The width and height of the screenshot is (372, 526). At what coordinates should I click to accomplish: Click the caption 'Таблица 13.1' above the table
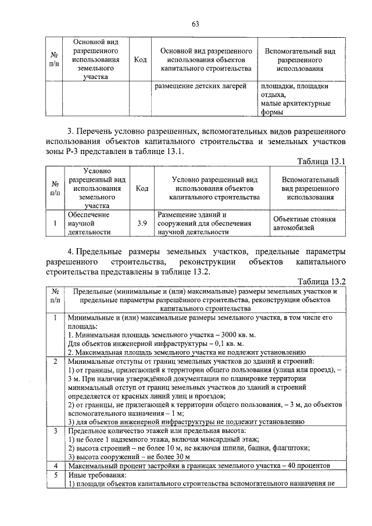pyautogui.click(x=321, y=161)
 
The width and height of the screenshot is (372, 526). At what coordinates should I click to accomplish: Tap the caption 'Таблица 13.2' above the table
pyautogui.click(x=321, y=281)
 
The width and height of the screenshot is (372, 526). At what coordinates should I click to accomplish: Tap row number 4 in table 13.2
pyautogui.click(x=54, y=466)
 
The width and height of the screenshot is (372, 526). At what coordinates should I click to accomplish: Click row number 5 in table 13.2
pyautogui.click(x=54, y=475)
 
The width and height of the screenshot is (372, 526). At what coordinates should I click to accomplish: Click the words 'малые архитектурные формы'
pyautogui.click(x=295, y=108)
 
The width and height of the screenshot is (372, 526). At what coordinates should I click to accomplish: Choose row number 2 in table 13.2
pyautogui.click(x=54, y=362)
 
